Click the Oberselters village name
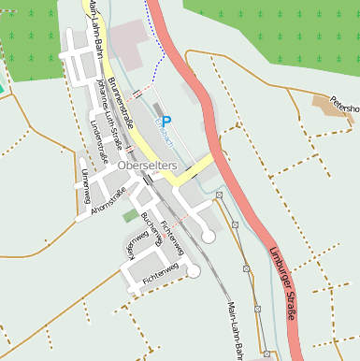[148, 165]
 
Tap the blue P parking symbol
[166, 121]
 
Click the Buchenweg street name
[151, 230]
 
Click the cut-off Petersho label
[344, 104]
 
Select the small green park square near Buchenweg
[130, 216]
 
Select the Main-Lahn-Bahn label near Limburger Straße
[235, 329]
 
